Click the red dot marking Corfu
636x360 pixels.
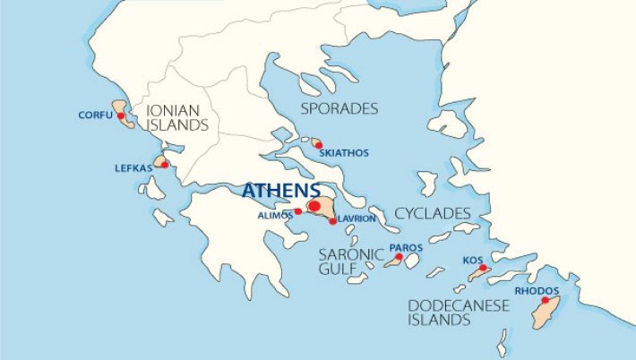tap(120, 116)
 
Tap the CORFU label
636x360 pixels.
tap(95, 116)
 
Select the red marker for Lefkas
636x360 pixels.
tap(164, 165)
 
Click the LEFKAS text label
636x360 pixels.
tap(133, 167)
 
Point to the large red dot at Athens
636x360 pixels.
tap(314, 206)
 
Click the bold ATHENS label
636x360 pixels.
tap(280, 191)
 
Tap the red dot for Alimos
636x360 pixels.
tap(298, 212)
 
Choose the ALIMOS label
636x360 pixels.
tap(275, 215)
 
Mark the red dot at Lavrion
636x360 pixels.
tap(332, 220)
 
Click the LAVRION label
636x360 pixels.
tap(357, 219)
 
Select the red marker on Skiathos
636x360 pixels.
tap(318, 144)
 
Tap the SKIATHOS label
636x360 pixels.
tap(348, 153)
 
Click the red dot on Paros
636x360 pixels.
tap(399, 257)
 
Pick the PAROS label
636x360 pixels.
tap(407, 246)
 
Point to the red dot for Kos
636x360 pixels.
tap(483, 268)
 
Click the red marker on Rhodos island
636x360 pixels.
tap(546, 301)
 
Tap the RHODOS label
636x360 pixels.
tap(537, 291)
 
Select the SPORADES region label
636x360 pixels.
tap(339, 108)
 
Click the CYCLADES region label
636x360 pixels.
tap(433, 213)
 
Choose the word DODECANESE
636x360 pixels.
tap(458, 306)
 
